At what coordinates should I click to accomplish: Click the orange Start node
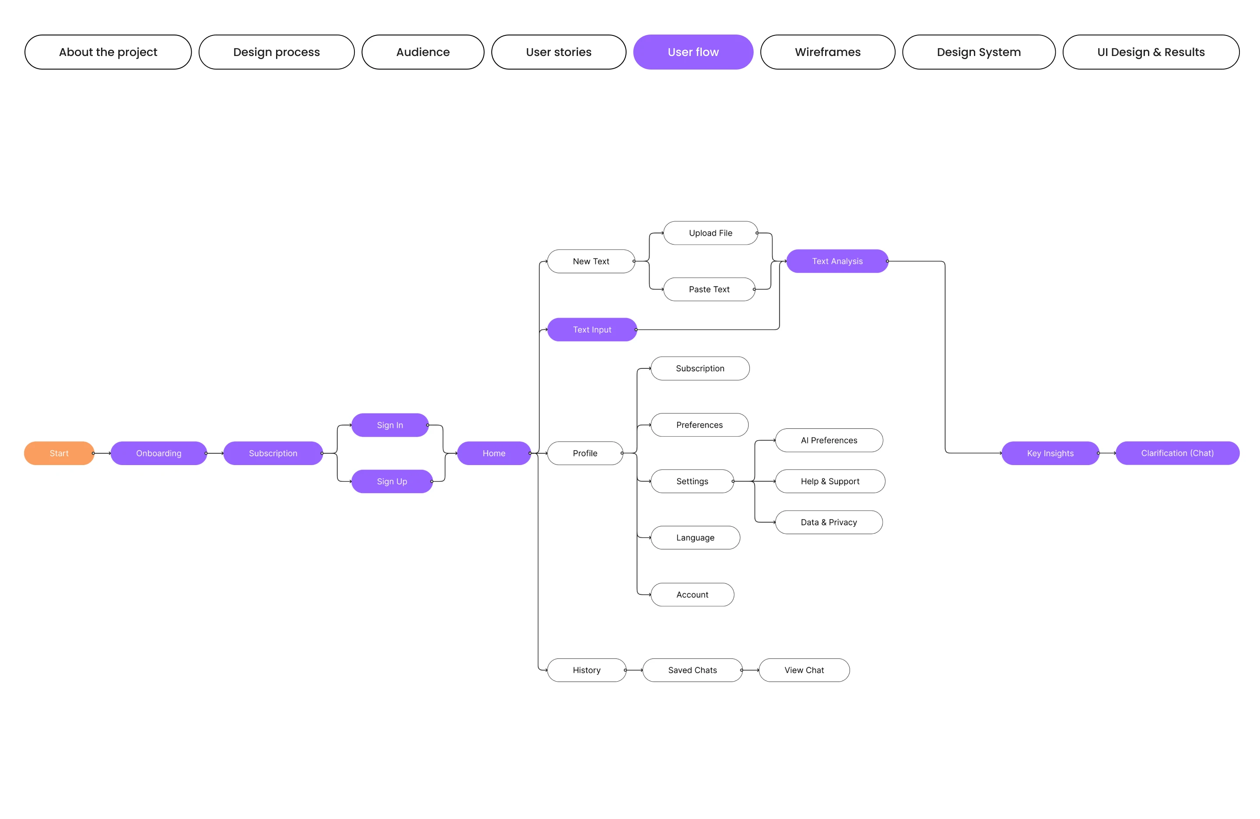59,453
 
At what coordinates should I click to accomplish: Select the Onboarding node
158,453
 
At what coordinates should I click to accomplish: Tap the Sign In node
390,425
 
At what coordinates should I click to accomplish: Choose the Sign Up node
392,481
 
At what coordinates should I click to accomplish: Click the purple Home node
493,453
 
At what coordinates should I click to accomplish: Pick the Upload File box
710,233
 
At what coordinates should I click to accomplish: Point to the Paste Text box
709,289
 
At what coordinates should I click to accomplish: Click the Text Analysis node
836,261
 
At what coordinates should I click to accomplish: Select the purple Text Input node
591,329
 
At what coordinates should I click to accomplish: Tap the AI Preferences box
829,440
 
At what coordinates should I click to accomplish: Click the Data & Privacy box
829,522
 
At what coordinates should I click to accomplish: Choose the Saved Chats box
692,670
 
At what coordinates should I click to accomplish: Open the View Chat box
804,670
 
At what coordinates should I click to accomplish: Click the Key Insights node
1050,453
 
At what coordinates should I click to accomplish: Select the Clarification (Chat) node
1177,453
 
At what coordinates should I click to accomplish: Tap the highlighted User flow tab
693,52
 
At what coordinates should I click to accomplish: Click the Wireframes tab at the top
827,52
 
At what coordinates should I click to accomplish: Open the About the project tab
108,52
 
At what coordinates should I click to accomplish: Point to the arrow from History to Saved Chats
634,670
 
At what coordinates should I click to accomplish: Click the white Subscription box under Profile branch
700,368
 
